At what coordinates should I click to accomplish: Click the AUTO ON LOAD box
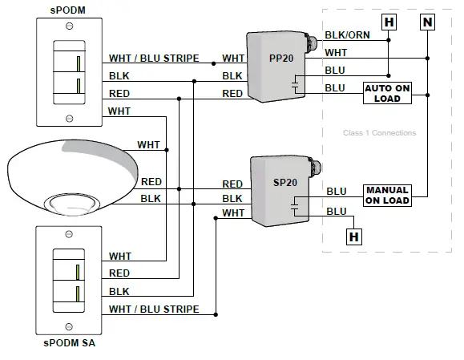(x=387, y=92)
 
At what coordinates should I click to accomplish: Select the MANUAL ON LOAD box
(x=387, y=195)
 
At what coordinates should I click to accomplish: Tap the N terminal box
(x=426, y=22)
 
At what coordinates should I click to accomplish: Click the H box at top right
(x=389, y=22)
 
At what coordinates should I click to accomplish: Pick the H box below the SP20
(x=353, y=236)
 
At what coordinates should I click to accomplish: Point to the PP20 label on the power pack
(x=280, y=59)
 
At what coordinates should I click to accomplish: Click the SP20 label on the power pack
(x=284, y=181)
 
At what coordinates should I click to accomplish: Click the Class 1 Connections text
(x=379, y=132)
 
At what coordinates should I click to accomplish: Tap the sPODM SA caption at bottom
(x=68, y=344)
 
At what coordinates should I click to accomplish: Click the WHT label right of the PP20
(x=335, y=52)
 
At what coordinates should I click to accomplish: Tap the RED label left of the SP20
(x=232, y=184)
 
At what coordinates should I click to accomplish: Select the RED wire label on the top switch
(x=119, y=93)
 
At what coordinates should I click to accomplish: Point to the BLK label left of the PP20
(x=232, y=75)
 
